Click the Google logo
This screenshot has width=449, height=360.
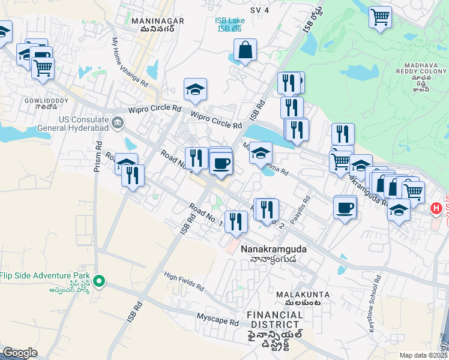(20, 352)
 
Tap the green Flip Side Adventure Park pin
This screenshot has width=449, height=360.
(100, 280)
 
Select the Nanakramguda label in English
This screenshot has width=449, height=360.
(269, 248)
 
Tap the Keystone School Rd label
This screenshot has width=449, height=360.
(378, 297)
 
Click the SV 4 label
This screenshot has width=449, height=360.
(259, 10)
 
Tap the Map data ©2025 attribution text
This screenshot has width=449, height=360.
(423, 355)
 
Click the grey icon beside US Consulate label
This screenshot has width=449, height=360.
(118, 124)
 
